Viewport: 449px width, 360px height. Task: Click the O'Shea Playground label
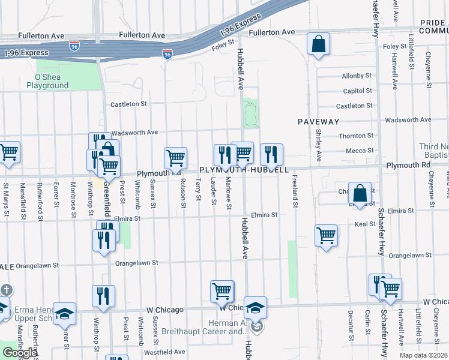click(x=47, y=81)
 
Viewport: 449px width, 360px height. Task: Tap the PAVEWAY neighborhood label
click(x=319, y=121)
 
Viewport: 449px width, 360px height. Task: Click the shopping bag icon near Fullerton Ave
click(x=319, y=44)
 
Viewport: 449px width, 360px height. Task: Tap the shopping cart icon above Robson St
click(x=175, y=158)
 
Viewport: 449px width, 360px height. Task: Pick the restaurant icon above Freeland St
click(x=272, y=155)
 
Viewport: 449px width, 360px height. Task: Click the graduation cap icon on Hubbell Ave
click(x=255, y=308)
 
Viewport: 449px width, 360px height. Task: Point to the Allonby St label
click(x=357, y=76)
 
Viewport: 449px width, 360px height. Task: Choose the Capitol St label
click(x=357, y=91)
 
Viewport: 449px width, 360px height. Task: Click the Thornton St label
click(x=356, y=136)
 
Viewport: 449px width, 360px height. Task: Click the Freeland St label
click(x=295, y=191)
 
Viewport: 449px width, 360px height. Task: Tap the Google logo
click(x=20, y=353)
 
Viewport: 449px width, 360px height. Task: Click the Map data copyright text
click(x=423, y=355)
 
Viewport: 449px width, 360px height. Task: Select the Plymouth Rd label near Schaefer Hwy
click(x=408, y=164)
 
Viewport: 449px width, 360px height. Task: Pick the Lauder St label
click(x=213, y=192)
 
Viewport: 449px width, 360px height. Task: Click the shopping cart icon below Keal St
click(x=326, y=235)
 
